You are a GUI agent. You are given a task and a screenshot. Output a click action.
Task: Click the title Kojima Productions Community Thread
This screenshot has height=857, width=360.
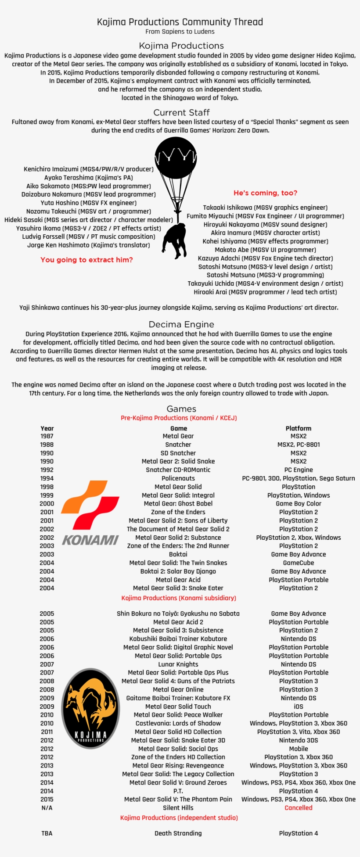click(180, 22)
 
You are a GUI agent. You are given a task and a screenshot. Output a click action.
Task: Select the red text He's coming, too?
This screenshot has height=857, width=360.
click(265, 193)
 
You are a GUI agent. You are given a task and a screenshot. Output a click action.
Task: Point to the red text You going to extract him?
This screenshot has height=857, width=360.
click(86, 260)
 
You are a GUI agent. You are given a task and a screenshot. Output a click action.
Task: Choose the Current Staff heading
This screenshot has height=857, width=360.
click(181, 112)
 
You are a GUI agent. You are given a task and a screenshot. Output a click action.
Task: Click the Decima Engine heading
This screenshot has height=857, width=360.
click(181, 324)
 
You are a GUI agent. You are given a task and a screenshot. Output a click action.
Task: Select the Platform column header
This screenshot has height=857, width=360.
click(299, 428)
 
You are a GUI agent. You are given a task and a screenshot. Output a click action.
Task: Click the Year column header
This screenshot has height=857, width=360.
click(47, 428)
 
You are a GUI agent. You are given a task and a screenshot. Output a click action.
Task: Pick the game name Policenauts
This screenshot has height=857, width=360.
click(178, 478)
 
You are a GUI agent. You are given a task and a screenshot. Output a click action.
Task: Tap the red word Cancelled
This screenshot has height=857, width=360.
click(299, 808)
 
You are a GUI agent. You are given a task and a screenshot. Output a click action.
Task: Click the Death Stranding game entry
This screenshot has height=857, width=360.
click(178, 833)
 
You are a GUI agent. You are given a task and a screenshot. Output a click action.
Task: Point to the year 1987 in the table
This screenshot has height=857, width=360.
click(47, 436)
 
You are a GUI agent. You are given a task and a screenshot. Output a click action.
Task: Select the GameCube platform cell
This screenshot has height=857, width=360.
click(299, 563)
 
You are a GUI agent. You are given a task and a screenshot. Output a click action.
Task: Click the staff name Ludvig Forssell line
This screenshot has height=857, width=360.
click(89, 237)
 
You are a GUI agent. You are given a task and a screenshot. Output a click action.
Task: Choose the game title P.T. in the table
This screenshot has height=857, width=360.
click(178, 791)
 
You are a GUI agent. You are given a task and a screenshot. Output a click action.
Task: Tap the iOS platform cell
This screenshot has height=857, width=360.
click(299, 706)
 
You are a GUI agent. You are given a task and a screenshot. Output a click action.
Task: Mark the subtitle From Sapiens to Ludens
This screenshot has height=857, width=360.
click(180, 32)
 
